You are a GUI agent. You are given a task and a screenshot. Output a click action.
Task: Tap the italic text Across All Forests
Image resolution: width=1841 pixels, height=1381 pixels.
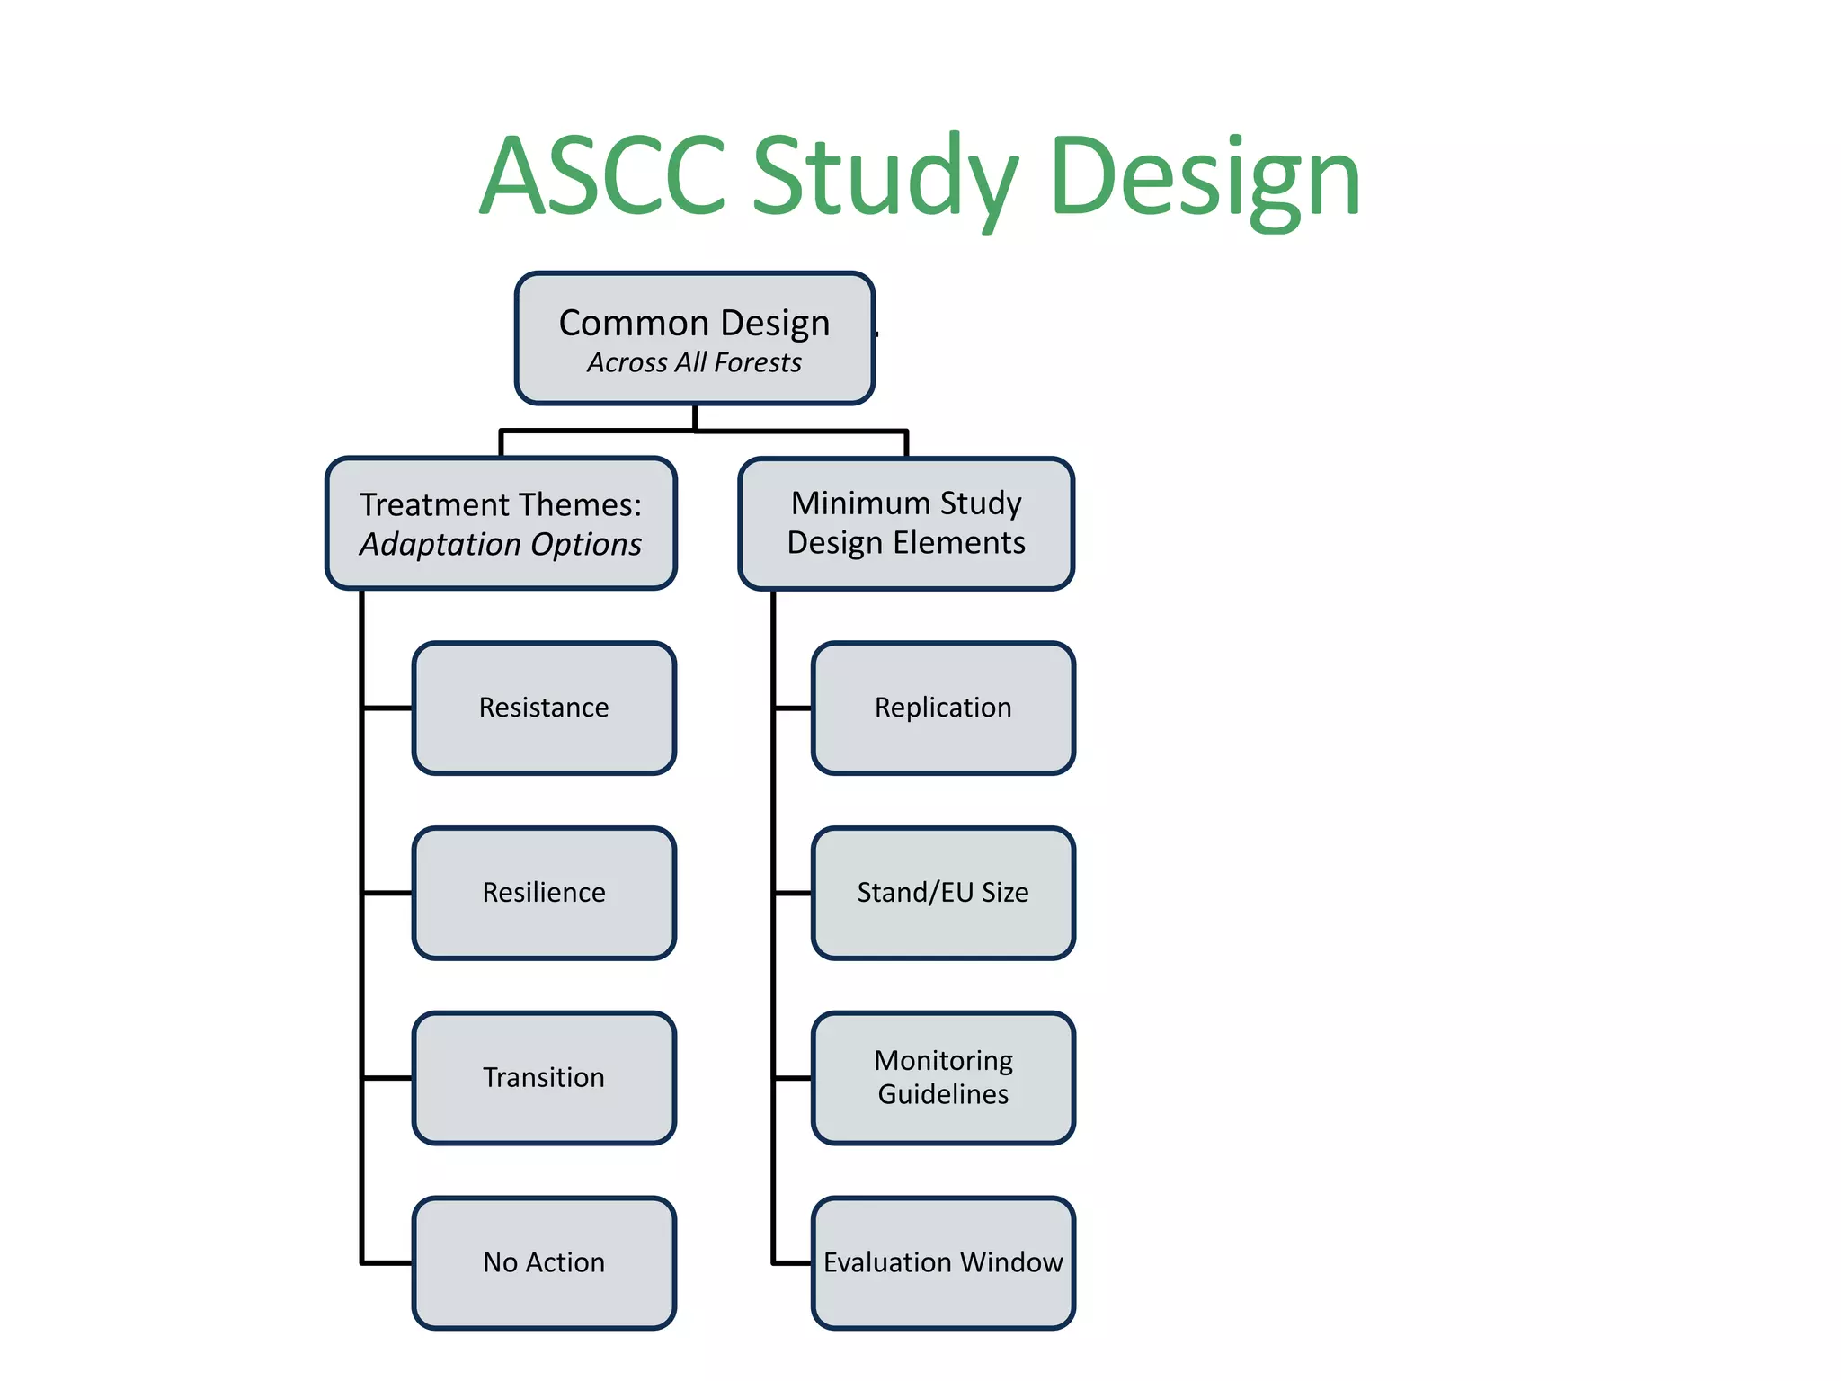(694, 362)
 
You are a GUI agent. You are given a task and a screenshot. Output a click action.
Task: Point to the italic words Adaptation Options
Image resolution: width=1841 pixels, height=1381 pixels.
(501, 545)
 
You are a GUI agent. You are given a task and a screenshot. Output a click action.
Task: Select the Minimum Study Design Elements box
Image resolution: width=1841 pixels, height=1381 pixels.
(906, 523)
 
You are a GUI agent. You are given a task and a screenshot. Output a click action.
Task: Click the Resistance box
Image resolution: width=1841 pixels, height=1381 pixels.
(544, 708)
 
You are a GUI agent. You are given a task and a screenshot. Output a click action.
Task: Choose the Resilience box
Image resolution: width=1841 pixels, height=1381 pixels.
(544, 893)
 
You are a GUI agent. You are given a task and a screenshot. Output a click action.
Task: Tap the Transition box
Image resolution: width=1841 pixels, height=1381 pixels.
(544, 1077)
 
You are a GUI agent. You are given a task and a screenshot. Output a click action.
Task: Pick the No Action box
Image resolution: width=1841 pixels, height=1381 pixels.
(544, 1262)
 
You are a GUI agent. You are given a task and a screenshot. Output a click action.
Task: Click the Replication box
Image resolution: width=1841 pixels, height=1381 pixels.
(943, 708)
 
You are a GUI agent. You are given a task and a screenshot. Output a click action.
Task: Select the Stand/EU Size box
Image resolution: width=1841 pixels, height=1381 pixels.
(943, 893)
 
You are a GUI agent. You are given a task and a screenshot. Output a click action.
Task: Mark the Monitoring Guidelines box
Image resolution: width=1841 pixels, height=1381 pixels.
(943, 1077)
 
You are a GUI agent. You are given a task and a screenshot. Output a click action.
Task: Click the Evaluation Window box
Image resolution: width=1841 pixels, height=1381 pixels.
(943, 1262)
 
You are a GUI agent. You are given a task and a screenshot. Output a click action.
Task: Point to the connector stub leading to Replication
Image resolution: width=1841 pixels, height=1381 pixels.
(793, 708)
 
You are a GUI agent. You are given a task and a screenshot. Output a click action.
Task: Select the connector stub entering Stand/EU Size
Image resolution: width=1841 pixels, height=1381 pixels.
(793, 893)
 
